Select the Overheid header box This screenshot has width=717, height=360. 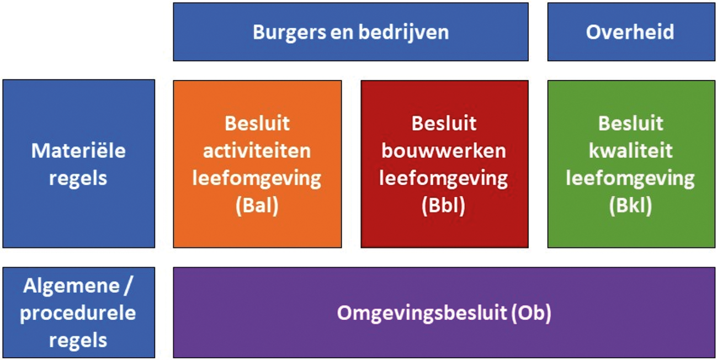(630, 32)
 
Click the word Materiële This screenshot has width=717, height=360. (78, 150)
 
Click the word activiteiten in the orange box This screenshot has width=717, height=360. (257, 151)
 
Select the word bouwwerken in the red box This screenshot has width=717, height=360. (444, 151)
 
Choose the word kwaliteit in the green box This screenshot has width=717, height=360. (630, 151)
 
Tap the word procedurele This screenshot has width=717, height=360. (78, 313)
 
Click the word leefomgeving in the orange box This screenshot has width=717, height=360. (257, 178)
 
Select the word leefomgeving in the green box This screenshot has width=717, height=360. (630, 178)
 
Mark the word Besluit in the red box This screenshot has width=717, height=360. (444, 123)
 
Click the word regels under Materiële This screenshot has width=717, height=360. (78, 178)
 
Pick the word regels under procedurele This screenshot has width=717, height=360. (78, 340)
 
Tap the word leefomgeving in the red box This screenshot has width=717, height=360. (444, 178)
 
